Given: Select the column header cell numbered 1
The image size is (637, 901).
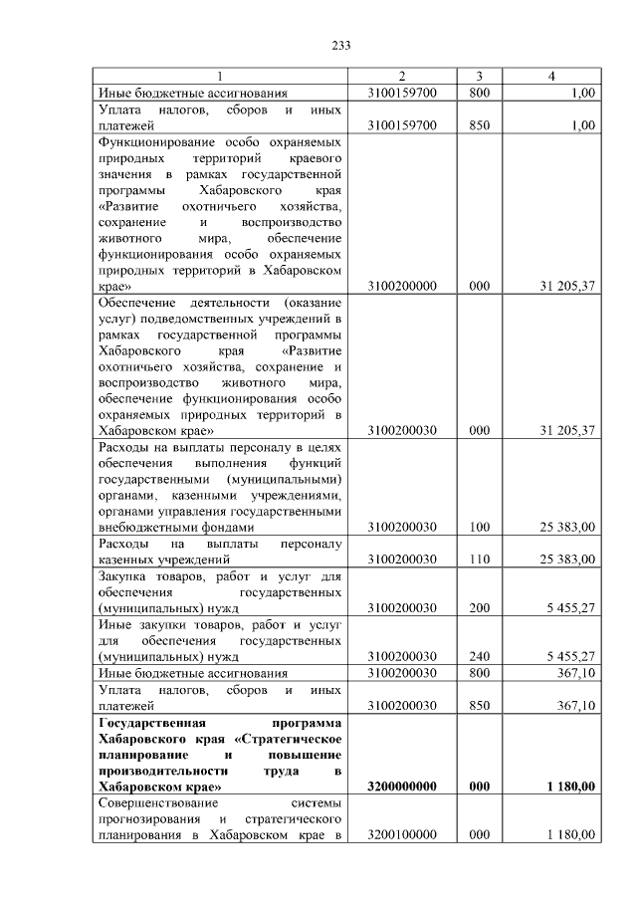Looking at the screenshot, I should click(x=220, y=77).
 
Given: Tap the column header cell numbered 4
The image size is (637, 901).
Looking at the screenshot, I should click(x=552, y=77).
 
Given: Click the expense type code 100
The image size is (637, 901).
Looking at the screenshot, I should click(x=479, y=526).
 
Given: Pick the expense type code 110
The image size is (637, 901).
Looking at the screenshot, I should click(x=479, y=559).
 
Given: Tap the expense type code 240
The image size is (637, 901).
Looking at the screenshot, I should click(x=479, y=656).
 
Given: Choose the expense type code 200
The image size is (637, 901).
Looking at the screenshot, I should click(x=479, y=607).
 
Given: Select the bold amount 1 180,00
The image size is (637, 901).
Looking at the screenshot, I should click(x=570, y=787).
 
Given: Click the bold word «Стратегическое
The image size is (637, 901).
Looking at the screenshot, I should click(x=292, y=739).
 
